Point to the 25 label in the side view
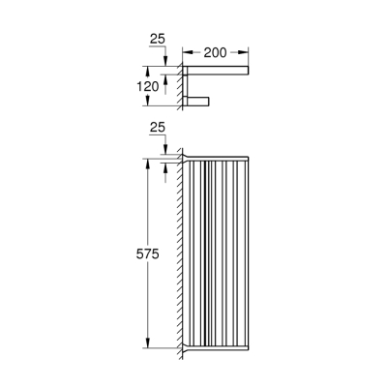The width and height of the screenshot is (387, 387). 158,41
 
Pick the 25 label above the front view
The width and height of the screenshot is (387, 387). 158,126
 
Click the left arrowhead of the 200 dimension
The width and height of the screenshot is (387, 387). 186,53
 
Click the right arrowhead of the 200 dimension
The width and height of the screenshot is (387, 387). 248,53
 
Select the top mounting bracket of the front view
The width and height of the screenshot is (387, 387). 186,155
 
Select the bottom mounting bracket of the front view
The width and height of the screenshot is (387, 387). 186,347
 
